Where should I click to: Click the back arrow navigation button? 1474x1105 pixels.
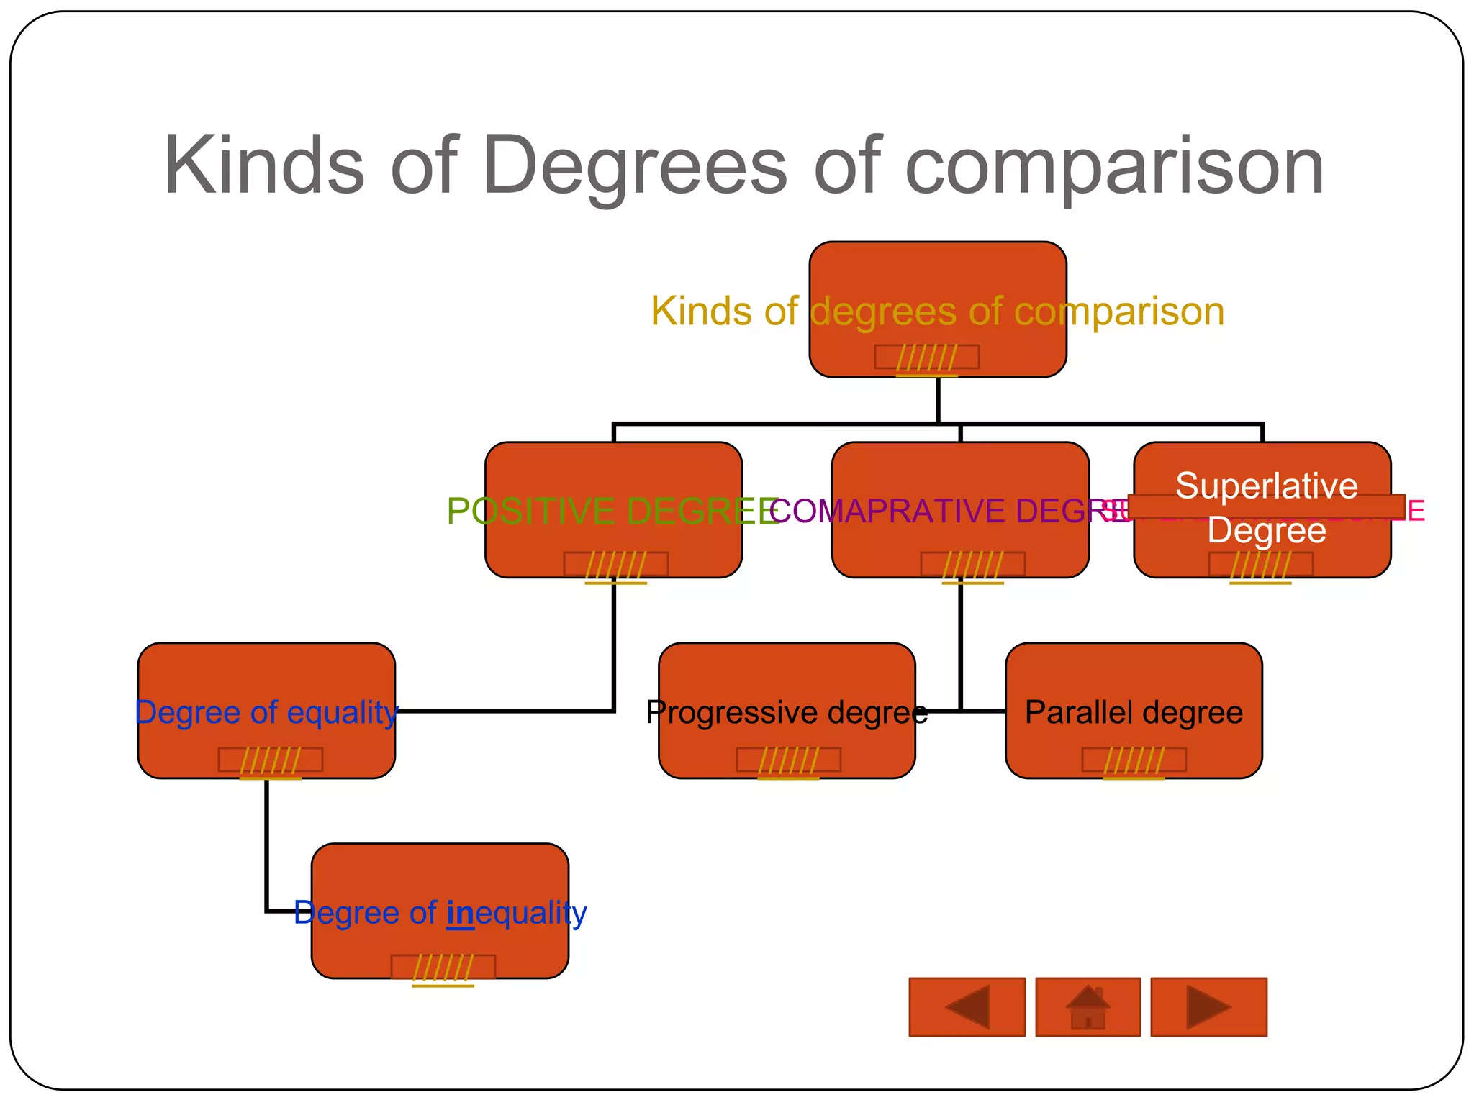(967, 1007)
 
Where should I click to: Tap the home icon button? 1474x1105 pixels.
(1088, 1007)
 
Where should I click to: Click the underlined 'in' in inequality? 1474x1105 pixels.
(460, 914)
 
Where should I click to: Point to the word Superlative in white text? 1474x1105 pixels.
(1267, 486)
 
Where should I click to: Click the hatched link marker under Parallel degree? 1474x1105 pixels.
(1134, 760)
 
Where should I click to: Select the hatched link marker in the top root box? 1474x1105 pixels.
(926, 358)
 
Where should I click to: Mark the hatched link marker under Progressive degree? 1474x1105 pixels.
(788, 760)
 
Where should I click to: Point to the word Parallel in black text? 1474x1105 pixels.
(1077, 712)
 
